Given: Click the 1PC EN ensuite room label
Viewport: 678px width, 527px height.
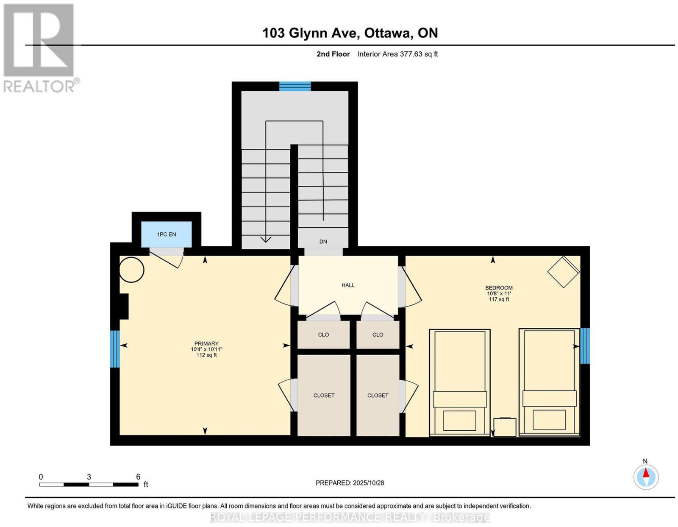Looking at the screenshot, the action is (166, 234).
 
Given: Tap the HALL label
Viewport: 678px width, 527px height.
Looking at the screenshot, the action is (348, 285).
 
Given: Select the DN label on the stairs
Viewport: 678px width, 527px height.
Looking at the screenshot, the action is (323, 242).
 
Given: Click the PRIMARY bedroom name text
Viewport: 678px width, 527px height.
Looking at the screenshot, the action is (206, 343).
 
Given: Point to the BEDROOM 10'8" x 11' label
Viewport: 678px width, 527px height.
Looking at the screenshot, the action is (499, 293).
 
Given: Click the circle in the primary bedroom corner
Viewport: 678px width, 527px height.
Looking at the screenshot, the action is (132, 270).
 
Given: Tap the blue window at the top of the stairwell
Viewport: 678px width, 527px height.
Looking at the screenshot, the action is (295, 86).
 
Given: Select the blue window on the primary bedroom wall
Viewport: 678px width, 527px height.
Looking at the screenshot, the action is (115, 349).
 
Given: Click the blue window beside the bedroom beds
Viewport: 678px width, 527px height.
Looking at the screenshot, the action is (585, 346).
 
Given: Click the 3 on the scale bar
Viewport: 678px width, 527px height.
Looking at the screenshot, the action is (89, 477).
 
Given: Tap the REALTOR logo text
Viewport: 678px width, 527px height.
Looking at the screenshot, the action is (40, 86).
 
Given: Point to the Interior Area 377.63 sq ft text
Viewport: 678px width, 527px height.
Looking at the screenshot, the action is (398, 54).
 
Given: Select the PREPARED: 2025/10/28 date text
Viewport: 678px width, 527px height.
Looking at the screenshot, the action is (350, 482).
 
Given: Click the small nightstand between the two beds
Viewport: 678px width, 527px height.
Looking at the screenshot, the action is (505, 427).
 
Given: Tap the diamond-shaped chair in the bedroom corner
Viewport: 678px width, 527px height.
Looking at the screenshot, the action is (564, 272).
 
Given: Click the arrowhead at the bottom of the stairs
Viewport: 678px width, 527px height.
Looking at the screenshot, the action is (266, 239).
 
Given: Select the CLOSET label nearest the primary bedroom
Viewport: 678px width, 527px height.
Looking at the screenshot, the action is (324, 395).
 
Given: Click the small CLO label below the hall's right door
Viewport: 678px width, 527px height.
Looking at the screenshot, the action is (378, 335).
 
